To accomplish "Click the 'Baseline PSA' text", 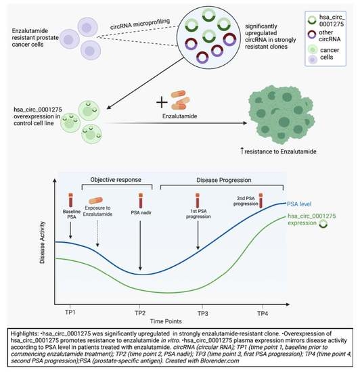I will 72,218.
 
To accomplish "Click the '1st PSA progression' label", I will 197,218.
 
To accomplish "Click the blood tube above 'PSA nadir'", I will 140,202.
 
